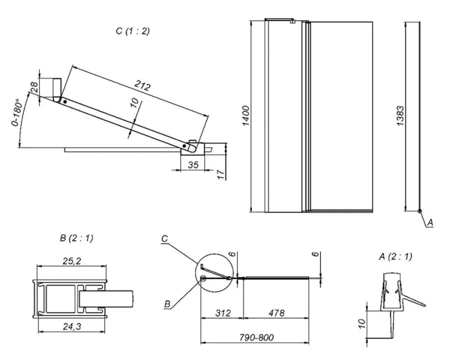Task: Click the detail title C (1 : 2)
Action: coord(133,31)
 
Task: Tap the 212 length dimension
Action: coord(142,86)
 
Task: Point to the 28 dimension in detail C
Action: coord(34,88)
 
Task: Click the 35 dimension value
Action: coord(193,163)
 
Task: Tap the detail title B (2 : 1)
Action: coord(76,239)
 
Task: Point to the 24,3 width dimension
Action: coord(71,327)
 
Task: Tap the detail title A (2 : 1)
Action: coord(395,257)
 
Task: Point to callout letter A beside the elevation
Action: coord(430,222)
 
